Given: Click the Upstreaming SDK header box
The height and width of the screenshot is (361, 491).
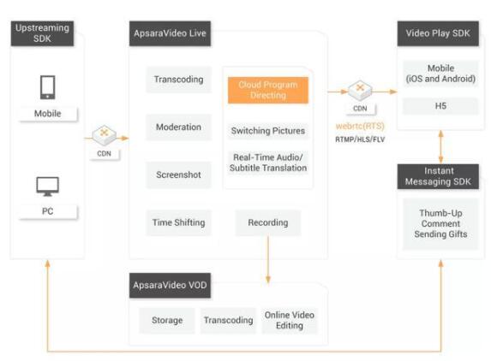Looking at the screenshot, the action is click(42, 33).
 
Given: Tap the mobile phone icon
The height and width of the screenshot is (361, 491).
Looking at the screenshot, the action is click(48, 87).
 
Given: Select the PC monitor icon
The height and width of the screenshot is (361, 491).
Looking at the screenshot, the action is click(48, 186).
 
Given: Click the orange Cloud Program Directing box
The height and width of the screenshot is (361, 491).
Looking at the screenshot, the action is click(268, 90).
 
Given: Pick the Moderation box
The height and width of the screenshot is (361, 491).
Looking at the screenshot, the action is click(179, 127).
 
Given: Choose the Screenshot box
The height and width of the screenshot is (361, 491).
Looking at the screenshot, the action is click(179, 175).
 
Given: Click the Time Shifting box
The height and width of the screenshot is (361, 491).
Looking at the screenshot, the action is click(179, 222).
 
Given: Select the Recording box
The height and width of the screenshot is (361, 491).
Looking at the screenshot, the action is click(268, 222).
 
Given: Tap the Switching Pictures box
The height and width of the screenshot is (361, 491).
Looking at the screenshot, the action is click(268, 131).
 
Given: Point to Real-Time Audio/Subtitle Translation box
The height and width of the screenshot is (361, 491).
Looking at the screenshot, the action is click(268, 163).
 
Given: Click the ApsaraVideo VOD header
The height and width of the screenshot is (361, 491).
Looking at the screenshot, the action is click(170, 286).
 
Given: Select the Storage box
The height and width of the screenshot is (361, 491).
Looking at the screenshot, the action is click(167, 321).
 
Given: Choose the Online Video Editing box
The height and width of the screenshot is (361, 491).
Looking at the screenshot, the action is click(290, 321).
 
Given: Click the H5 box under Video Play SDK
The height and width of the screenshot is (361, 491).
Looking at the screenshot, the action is click(440, 106).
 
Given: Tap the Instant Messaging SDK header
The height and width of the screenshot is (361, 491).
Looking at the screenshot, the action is click(438, 176).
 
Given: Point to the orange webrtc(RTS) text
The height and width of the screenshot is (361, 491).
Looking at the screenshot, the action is click(360, 126).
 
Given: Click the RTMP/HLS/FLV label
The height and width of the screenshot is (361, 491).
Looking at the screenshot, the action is click(360, 139).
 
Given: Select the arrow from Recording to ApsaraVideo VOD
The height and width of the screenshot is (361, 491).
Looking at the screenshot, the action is click(268, 259).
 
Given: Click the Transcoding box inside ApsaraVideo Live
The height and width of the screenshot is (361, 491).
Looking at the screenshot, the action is click(179, 80).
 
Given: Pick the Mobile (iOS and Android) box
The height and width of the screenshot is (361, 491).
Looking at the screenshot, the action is click(440, 74).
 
